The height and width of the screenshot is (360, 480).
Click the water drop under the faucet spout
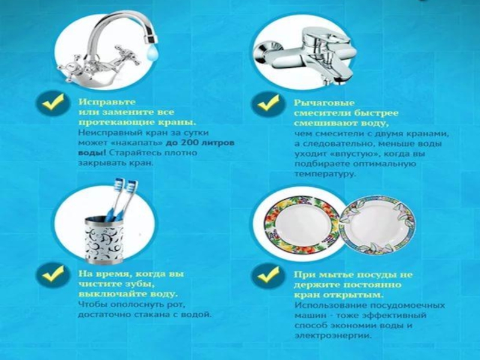(x=152, y=53)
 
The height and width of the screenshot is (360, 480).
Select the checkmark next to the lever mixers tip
(x=268, y=104)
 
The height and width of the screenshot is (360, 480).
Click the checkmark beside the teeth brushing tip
(x=53, y=274)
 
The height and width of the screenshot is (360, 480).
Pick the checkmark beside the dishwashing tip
(x=268, y=275)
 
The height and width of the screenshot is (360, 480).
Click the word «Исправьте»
(x=107, y=102)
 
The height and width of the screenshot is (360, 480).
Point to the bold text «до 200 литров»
(x=200, y=143)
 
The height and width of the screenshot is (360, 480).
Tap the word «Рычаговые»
(x=324, y=103)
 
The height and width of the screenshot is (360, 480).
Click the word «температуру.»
(x=325, y=174)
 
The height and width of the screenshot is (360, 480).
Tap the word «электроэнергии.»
(x=333, y=336)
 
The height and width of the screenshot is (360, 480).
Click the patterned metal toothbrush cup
(x=104, y=239)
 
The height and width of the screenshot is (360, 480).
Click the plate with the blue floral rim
(x=377, y=226)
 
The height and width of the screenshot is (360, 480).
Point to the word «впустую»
(x=349, y=154)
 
